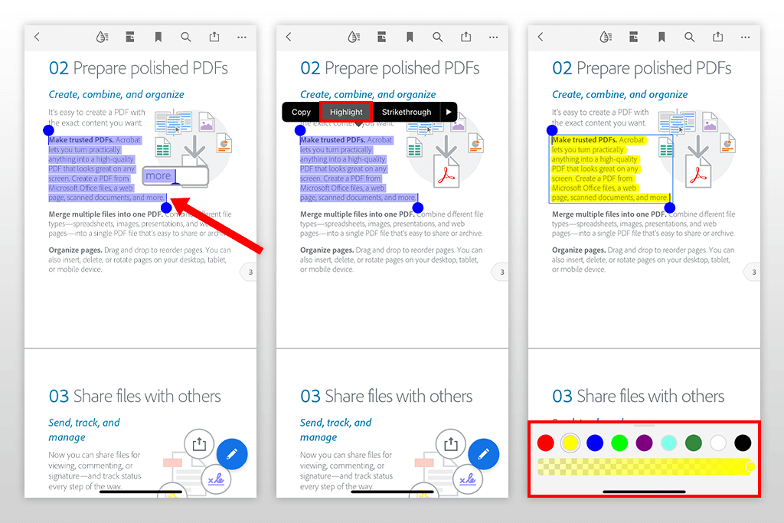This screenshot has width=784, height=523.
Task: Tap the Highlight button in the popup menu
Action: (346, 112)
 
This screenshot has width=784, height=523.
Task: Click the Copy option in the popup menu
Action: (301, 112)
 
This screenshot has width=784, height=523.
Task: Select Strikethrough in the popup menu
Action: (407, 112)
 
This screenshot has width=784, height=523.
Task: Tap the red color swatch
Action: (545, 443)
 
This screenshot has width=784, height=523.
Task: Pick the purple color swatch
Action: (644, 443)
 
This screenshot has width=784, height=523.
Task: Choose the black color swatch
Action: (743, 443)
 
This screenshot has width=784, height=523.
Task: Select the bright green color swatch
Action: (619, 443)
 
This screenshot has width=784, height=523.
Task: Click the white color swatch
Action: (717, 443)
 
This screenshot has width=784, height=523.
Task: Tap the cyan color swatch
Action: (668, 443)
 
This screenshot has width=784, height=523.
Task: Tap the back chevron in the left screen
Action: (37, 37)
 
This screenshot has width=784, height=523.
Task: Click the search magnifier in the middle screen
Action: (437, 37)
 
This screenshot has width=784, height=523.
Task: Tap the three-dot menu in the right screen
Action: (745, 37)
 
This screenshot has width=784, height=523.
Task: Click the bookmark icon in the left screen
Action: (158, 37)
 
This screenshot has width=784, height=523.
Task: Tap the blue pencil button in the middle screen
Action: (483, 454)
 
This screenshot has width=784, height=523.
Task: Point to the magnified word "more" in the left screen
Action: (158, 176)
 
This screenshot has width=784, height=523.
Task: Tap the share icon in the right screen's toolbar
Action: (717, 37)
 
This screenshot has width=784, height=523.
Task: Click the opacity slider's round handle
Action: (750, 467)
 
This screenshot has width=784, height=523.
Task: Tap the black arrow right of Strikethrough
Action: (449, 112)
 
